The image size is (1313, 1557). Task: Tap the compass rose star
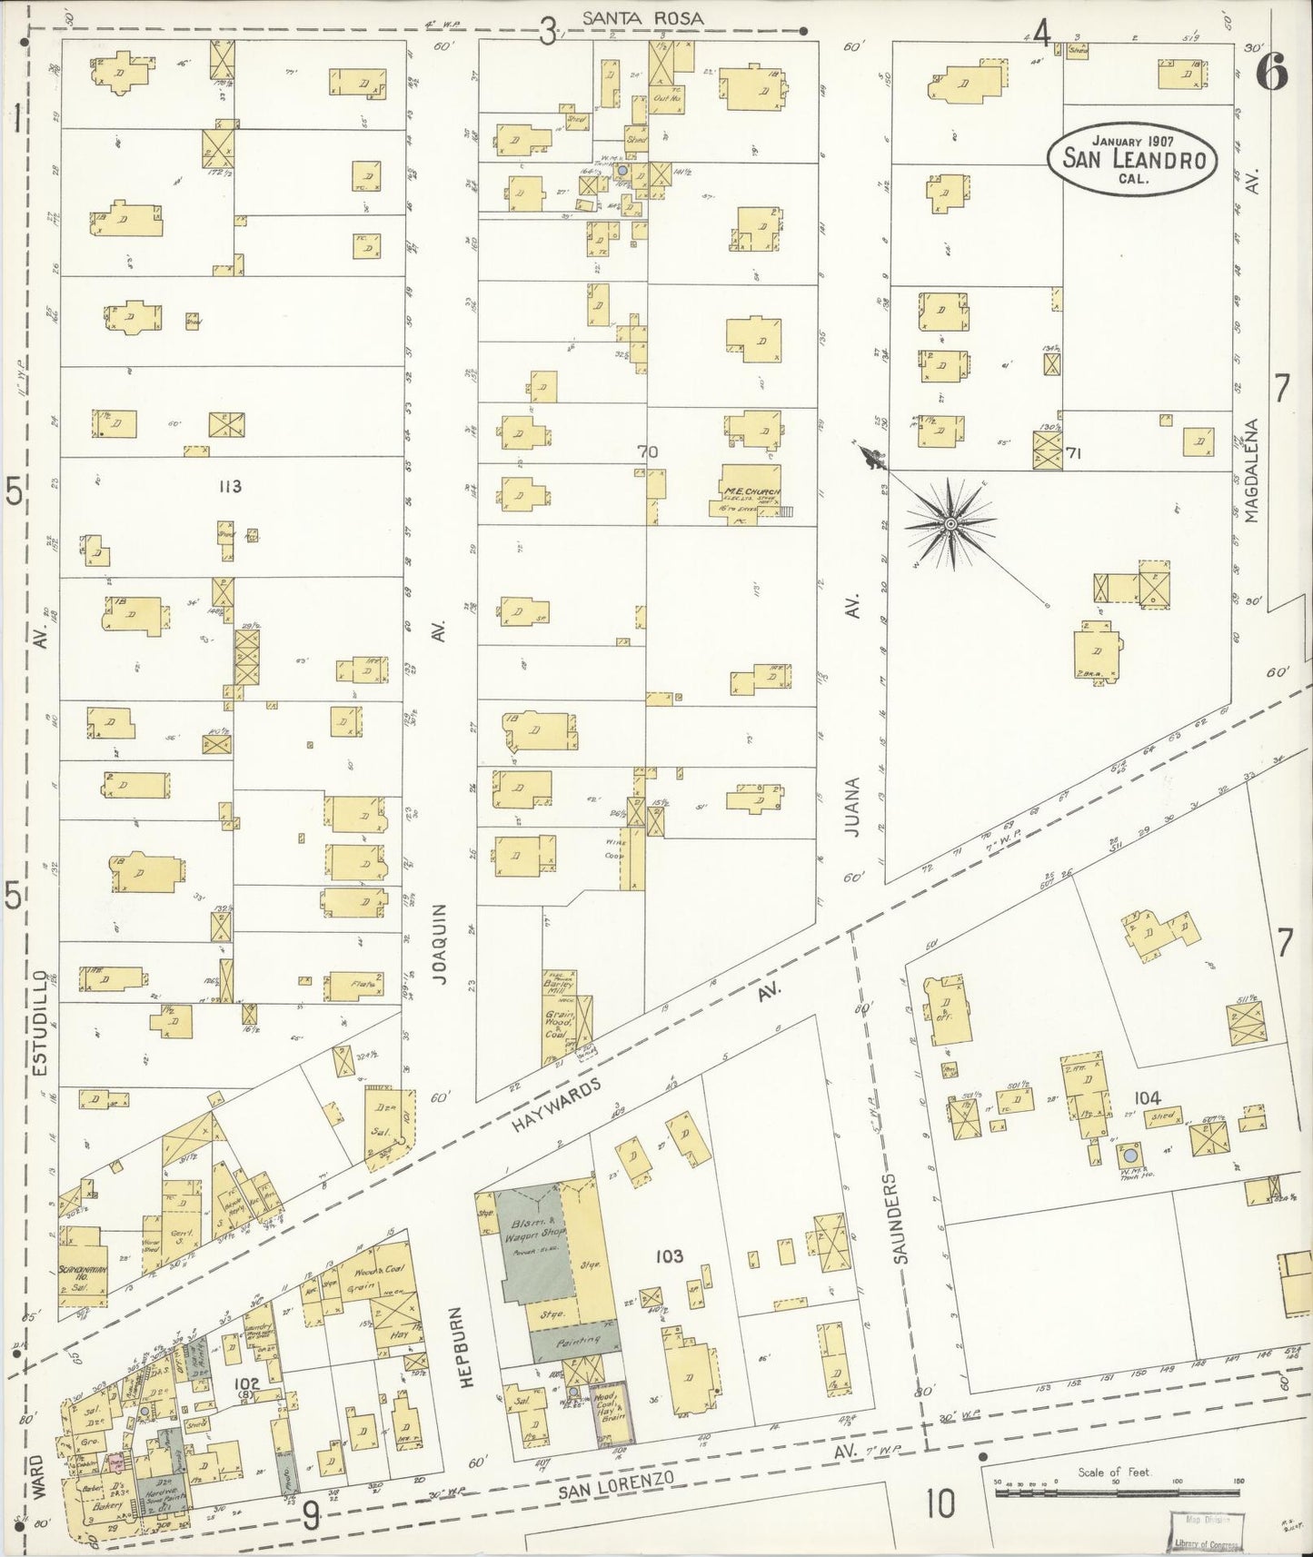tap(950, 524)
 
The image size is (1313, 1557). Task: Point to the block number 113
tap(229, 487)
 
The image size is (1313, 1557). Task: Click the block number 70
tap(647, 451)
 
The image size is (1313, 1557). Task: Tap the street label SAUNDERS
tap(895, 1224)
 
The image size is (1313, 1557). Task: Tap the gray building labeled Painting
tap(576, 1340)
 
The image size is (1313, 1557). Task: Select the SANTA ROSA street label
tap(643, 17)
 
